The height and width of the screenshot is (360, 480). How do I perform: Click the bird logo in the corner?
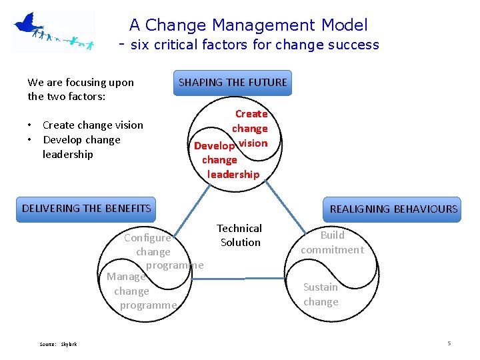coord(53,31)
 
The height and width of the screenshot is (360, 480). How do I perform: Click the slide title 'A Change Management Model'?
coord(248,25)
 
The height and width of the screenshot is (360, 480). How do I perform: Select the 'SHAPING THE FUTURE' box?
coord(233,83)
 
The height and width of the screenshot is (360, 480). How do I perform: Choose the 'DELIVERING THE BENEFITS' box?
coord(87,208)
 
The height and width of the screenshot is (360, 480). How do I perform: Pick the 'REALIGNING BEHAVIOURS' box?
coord(393,209)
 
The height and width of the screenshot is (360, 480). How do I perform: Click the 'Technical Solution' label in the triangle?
coord(240,235)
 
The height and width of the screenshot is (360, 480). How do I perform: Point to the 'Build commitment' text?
coord(332,242)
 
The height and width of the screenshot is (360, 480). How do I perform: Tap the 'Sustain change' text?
coord(321,294)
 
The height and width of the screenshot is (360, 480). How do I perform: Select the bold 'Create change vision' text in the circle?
coord(251,128)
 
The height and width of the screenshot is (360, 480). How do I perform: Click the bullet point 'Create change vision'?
coord(93,125)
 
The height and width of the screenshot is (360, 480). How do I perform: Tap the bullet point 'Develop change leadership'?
coord(81,147)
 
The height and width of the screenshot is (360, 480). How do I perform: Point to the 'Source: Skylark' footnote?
coord(58,344)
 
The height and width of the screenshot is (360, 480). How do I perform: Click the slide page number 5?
coord(449,343)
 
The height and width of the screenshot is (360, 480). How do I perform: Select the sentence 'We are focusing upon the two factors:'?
coord(80,89)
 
